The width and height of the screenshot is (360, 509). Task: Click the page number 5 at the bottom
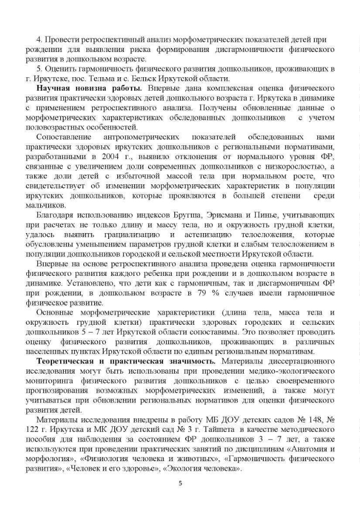[180, 484]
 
